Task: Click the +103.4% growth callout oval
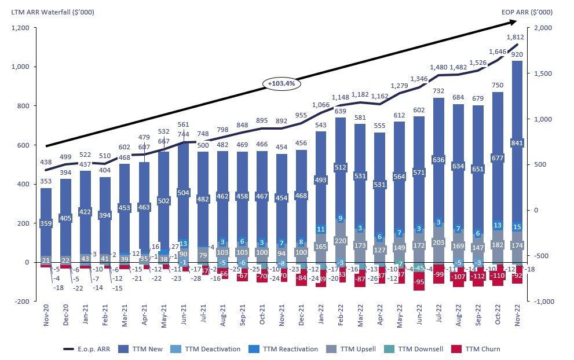coord(281,83)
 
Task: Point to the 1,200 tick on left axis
coord(20,28)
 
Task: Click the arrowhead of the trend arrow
coord(513,21)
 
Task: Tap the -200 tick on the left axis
coord(21,302)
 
